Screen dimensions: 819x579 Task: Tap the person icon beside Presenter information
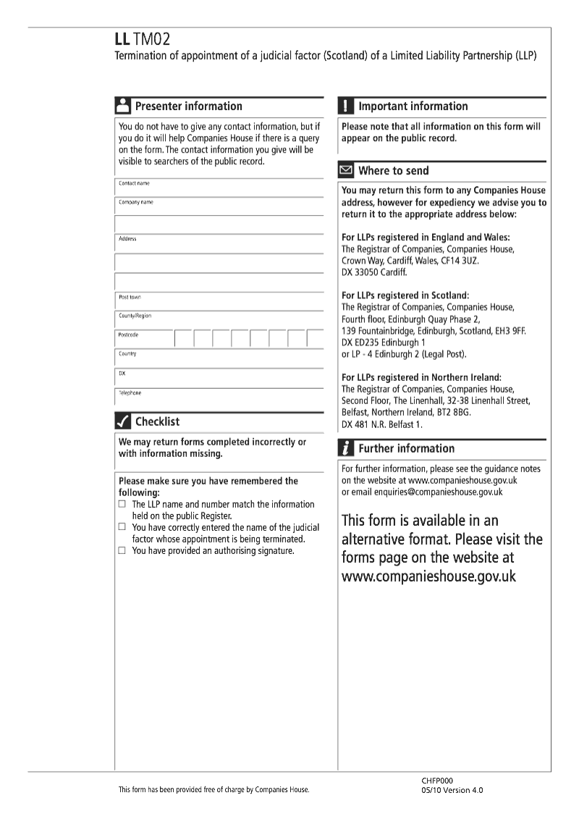[123, 106]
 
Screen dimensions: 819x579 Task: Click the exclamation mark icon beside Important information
[346, 106]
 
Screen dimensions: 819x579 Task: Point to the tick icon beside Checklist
[123, 421]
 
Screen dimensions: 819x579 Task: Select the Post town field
[219, 301]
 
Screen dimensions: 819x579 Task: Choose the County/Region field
[219, 319]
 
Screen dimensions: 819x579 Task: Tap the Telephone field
[219, 397]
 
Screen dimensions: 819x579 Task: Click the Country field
[219, 358]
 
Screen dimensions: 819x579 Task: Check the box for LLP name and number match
[122, 504]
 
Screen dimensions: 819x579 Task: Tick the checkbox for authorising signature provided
[122, 551]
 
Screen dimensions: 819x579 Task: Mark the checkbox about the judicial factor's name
[122, 528]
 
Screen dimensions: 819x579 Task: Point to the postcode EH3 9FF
[510, 330]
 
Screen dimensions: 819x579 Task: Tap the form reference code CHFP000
[437, 781]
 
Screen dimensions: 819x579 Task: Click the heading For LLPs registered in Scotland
[405, 295]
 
